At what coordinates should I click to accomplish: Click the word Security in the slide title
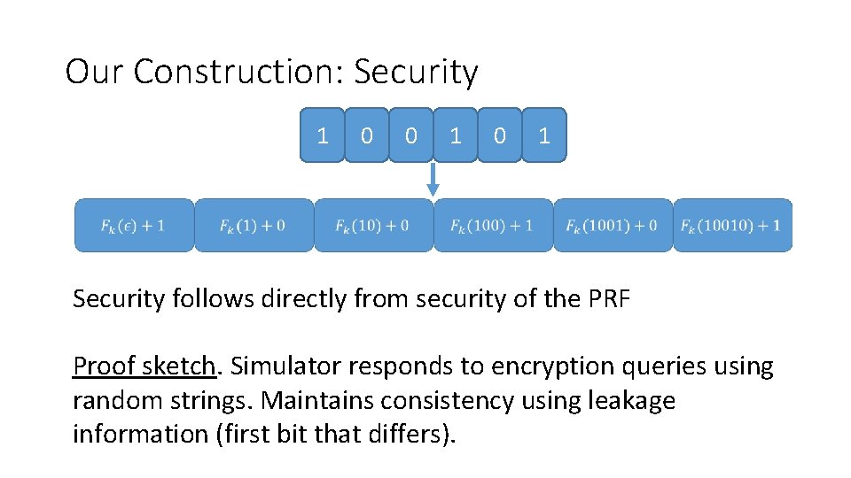coord(416,73)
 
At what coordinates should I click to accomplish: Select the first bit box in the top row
coord(323,135)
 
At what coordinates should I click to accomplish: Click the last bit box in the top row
coord(544,135)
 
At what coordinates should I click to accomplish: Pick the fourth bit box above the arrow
coord(456,135)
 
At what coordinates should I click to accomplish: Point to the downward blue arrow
coord(433,180)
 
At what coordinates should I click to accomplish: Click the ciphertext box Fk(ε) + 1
coord(133,225)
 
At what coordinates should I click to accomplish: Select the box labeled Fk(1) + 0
coord(254,225)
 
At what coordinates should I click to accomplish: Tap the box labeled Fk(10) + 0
coord(373,225)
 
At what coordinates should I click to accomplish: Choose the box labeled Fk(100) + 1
coord(493,225)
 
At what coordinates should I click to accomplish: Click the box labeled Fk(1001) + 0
coord(613,225)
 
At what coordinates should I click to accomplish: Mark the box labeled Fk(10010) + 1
coord(732,225)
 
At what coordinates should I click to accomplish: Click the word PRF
coord(609,299)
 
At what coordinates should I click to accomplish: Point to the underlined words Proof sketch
coord(144,366)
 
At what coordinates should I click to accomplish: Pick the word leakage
coord(631,401)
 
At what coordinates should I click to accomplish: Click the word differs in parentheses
coord(409,435)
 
